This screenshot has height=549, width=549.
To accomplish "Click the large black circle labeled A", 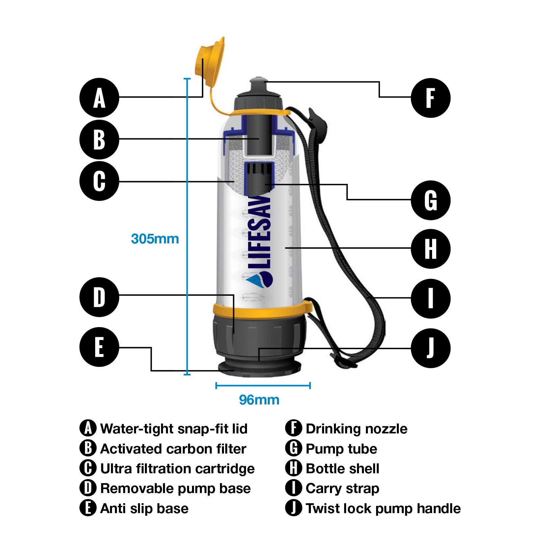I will (99, 98).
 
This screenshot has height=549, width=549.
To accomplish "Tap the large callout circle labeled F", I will (430, 98).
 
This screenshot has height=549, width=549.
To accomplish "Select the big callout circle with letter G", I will (430, 200).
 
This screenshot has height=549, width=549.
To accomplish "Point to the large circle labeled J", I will (430, 348).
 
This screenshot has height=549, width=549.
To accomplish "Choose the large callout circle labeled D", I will (99, 297).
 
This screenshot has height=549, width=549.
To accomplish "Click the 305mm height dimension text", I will (155, 239).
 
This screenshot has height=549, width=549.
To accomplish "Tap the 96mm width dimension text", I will (259, 400).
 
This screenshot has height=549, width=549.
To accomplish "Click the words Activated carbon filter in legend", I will (173, 449).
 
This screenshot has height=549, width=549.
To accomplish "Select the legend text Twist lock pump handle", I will (383, 508).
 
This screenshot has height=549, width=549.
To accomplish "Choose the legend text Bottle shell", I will (343, 469).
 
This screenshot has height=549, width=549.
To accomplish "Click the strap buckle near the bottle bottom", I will (344, 362).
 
